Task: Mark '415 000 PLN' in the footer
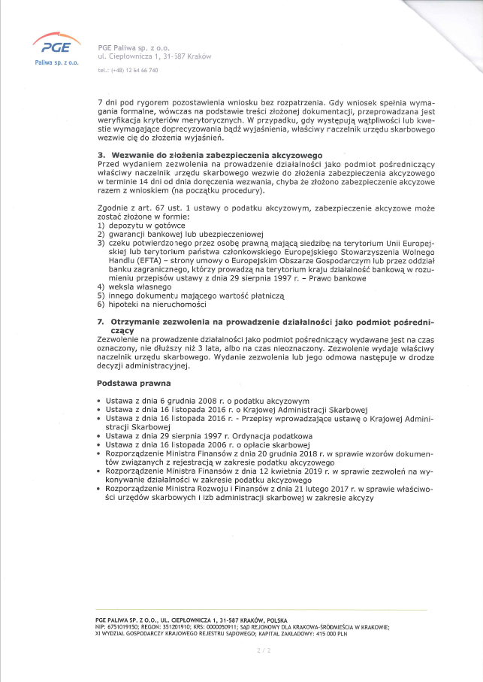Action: [331, 633]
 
